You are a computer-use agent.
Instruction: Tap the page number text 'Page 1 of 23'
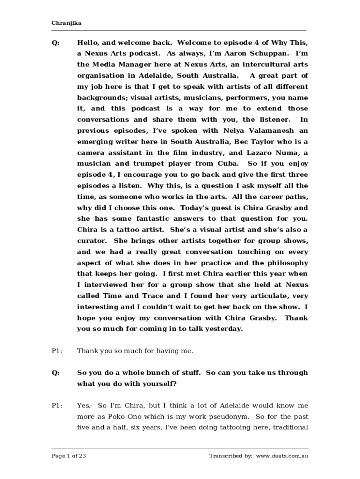pos(69,456)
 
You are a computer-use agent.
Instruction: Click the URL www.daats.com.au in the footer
pos(282,456)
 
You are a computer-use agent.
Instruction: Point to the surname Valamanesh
pos(271,131)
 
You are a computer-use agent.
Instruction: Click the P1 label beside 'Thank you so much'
pos(57,351)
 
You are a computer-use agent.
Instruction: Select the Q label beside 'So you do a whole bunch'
pos(56,373)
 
